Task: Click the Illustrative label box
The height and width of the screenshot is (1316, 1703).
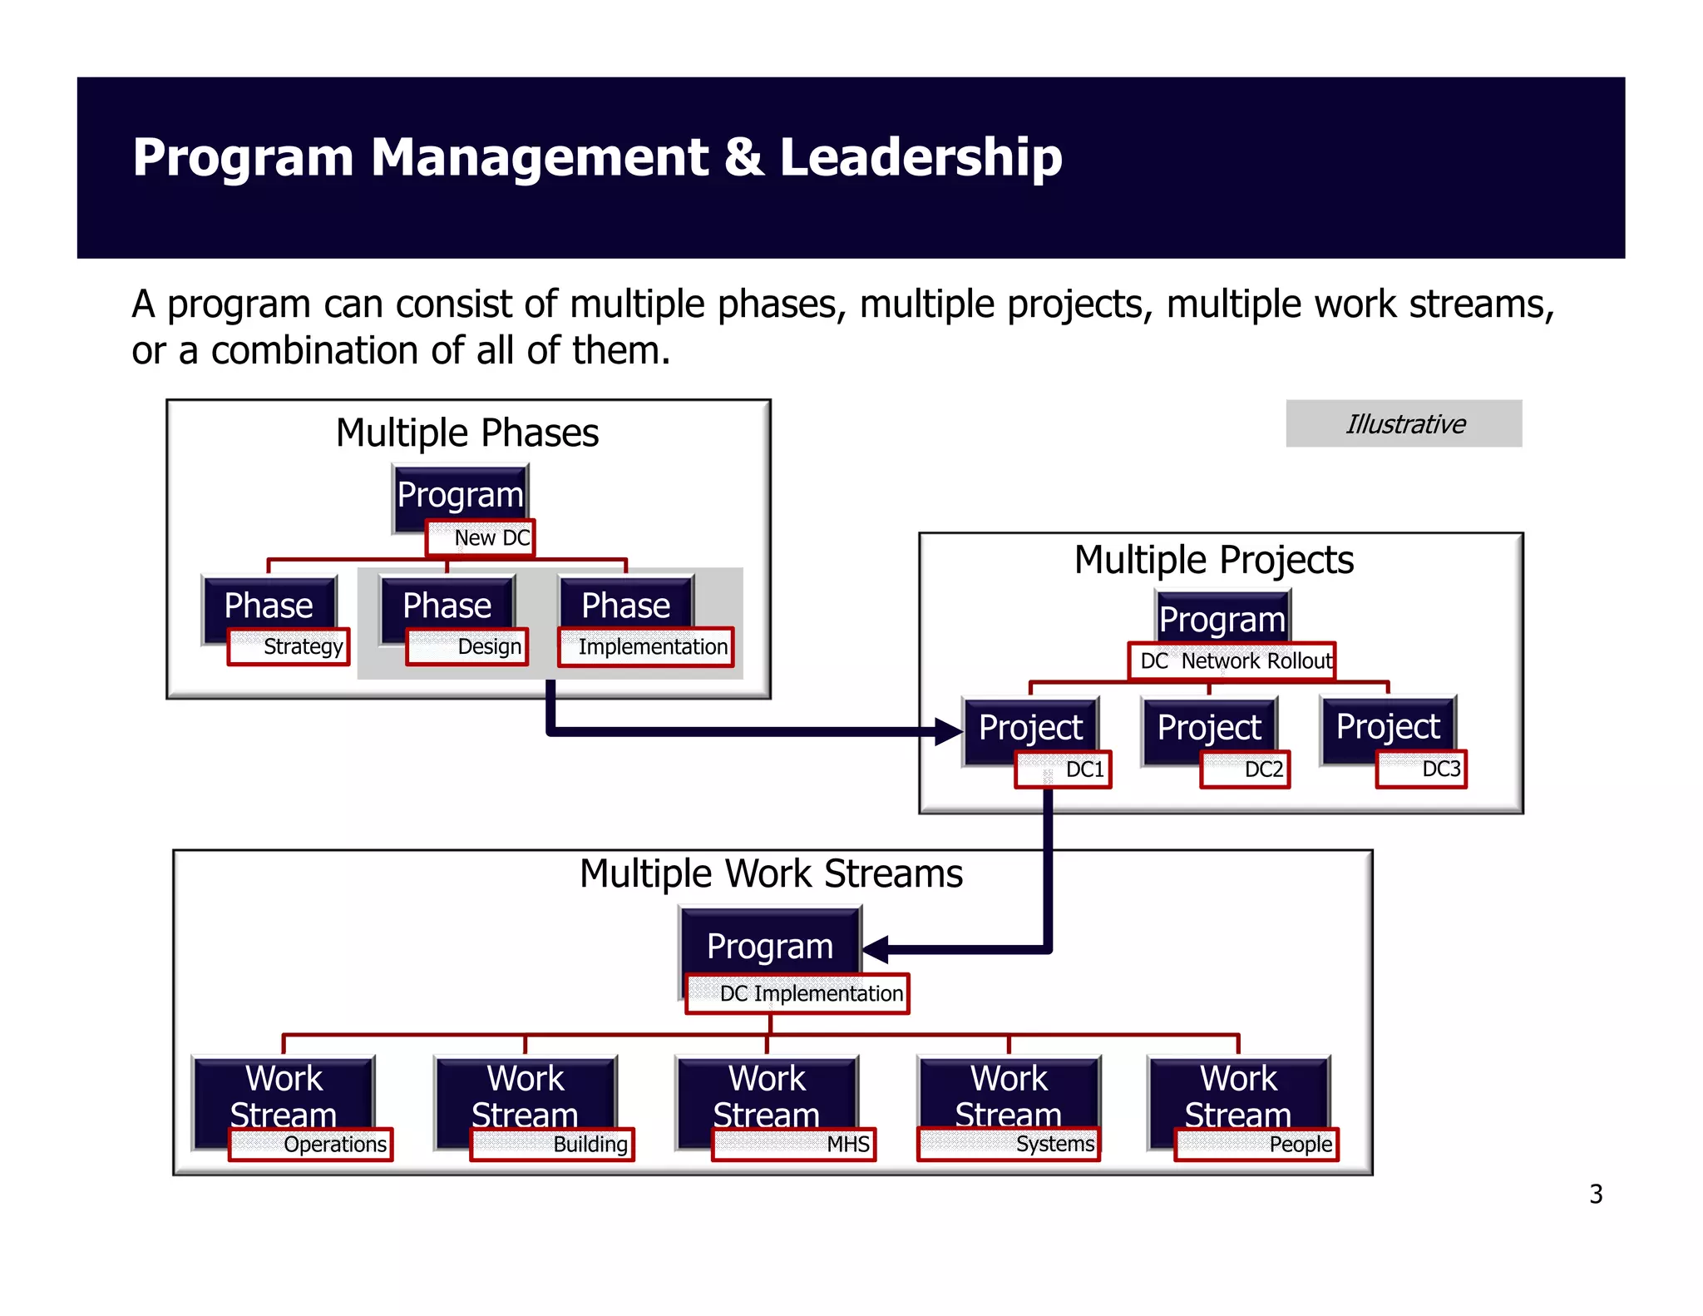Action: (1404, 423)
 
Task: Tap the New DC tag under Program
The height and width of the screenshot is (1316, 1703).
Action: (480, 537)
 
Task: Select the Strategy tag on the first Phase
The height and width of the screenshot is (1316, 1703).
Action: (289, 646)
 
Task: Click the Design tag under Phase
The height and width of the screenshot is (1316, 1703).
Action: (467, 646)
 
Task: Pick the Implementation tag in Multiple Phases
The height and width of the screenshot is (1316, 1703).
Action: (646, 646)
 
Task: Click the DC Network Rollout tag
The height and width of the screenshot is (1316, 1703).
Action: (1232, 661)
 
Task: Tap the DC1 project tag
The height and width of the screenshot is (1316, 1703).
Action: (1064, 769)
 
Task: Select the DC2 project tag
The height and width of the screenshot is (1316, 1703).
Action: (1245, 769)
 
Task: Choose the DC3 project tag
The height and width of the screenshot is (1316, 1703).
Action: (1421, 769)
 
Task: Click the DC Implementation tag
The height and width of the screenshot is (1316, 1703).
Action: (797, 993)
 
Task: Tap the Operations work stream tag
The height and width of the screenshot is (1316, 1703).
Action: (311, 1144)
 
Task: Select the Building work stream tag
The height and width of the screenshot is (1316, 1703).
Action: (552, 1144)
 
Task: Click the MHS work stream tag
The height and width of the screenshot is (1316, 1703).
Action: (794, 1144)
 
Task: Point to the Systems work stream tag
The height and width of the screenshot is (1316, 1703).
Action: (1009, 1144)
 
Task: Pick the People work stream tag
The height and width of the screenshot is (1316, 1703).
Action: (1256, 1144)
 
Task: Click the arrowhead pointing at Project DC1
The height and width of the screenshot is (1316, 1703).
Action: (948, 731)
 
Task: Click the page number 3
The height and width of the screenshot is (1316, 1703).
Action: (1596, 1194)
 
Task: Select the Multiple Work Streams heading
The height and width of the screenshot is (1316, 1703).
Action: (771, 873)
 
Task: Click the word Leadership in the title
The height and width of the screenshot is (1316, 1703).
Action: (921, 157)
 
